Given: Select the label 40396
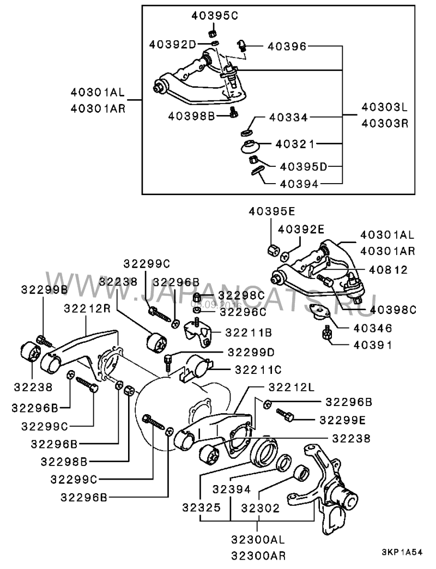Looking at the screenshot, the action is pos(287,46).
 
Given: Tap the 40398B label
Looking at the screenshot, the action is pos(191,116).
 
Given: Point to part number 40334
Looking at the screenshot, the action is pos(288,117).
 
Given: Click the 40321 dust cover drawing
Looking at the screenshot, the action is pos(250,146).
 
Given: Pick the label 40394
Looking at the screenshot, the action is pos(299,184).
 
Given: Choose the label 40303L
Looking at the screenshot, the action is pos(385,107).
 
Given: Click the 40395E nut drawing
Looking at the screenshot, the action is pos(274,249).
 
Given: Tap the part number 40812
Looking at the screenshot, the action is pos(389,270).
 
